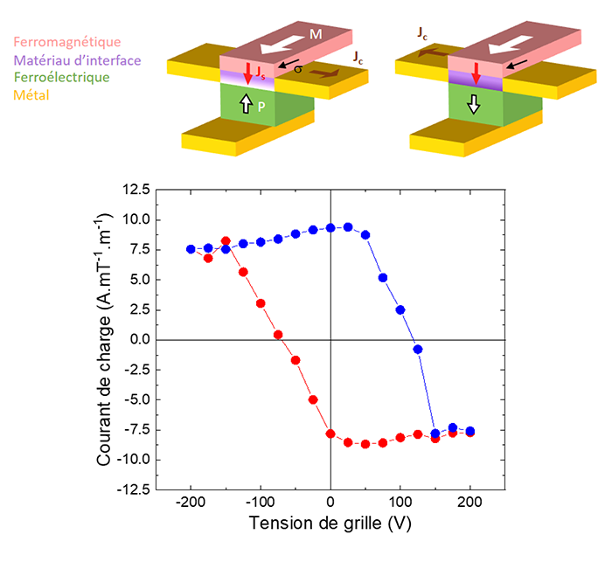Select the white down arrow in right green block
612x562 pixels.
tap(472, 105)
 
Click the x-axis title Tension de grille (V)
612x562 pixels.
tap(330, 524)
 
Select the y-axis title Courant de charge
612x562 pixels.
tap(104, 339)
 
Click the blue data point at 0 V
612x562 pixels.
tap(330, 227)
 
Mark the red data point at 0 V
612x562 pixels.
tap(330, 434)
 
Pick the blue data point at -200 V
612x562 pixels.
tap(191, 249)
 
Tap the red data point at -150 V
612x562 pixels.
tap(226, 241)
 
